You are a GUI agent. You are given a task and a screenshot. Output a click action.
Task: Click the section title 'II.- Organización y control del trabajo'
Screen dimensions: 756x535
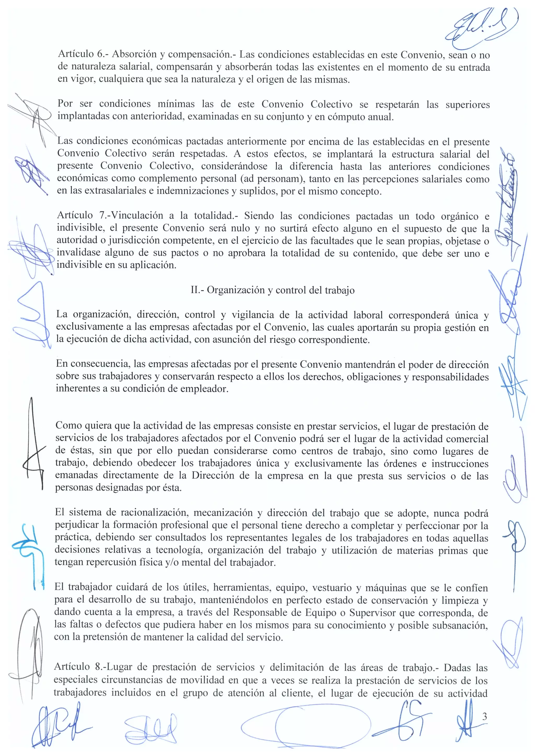(273, 290)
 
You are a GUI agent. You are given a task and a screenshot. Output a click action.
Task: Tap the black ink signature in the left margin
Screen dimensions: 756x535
(33, 445)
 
